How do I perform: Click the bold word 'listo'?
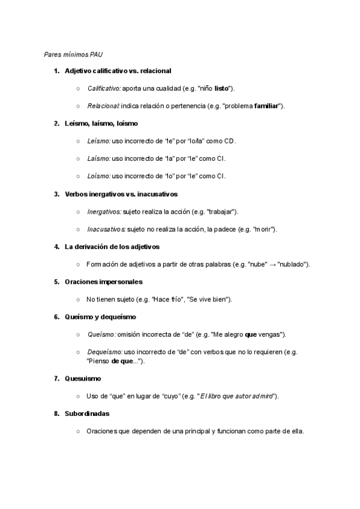pos(221,88)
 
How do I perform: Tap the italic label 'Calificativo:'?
pos(104,88)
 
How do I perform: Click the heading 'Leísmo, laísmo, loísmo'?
pos(101,123)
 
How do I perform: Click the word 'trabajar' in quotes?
pos(221,211)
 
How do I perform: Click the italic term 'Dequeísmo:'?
pos(105,352)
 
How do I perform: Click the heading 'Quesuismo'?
pos(83,378)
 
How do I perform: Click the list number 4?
pos(56,247)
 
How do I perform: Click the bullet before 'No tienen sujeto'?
pos(79,299)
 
